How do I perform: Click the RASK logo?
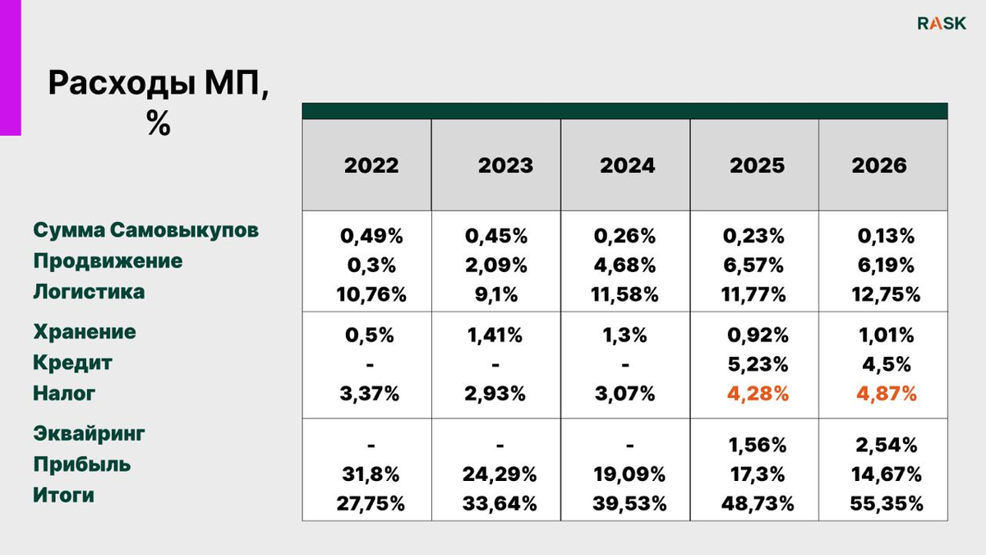coord(942,23)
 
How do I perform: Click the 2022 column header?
coord(371,165)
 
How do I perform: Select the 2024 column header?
coord(627,165)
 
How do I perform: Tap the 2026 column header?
coord(879,165)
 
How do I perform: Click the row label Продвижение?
coord(108,261)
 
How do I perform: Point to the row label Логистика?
coord(89,292)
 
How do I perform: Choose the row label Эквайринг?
coord(89,434)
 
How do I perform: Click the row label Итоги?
coord(64,495)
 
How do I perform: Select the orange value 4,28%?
coord(758,393)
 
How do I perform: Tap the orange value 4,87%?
coord(886,393)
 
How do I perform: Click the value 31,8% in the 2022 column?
coord(371,474)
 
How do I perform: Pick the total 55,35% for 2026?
coord(886,503)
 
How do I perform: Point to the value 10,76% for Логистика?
coord(371,294)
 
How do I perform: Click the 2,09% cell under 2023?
coord(496,265)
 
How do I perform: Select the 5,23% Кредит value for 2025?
coord(758,364)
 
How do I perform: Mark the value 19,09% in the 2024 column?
coord(629,474)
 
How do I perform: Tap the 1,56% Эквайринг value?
coord(757,446)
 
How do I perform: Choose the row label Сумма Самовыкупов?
coord(145,230)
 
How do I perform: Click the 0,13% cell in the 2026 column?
coord(886,236)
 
